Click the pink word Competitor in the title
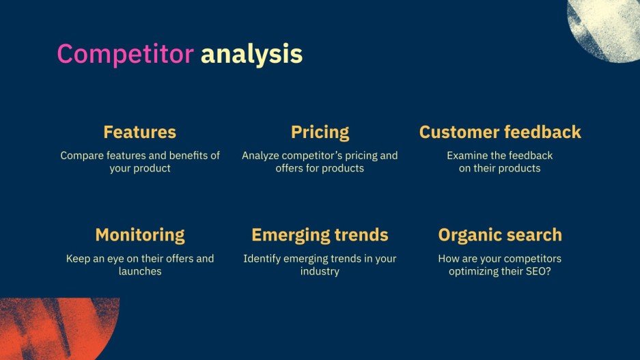pyautogui.click(x=125, y=54)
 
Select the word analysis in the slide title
pyautogui.click(x=251, y=54)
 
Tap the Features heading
pyautogui.click(x=139, y=132)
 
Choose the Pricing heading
pyautogui.click(x=320, y=132)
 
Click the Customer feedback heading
pyautogui.click(x=500, y=132)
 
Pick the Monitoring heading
pyautogui.click(x=139, y=235)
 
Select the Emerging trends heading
pyautogui.click(x=320, y=235)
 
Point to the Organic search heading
pyautogui.click(x=500, y=235)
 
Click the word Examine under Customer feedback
pyautogui.click(x=468, y=156)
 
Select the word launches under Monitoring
pyautogui.click(x=140, y=271)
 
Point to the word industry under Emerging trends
pyautogui.click(x=320, y=271)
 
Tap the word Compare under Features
pyautogui.click(x=81, y=156)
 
